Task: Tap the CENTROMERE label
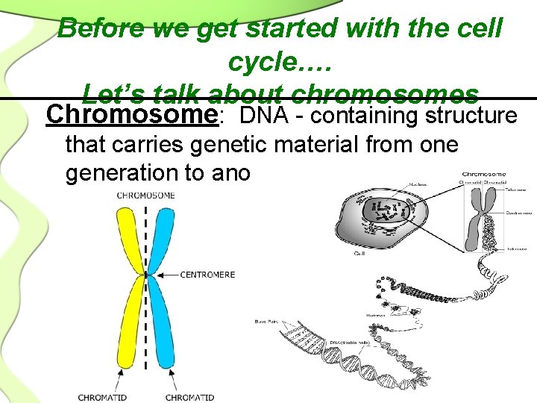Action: pyautogui.click(x=207, y=275)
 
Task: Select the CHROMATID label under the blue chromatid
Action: pyautogui.click(x=189, y=397)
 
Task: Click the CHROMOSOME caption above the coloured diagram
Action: pyautogui.click(x=145, y=196)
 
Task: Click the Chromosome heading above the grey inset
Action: pyautogui.click(x=483, y=175)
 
